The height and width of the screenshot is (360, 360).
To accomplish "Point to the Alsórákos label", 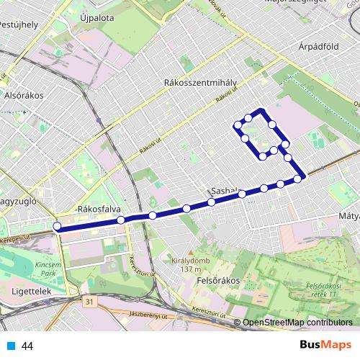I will coord(24,96).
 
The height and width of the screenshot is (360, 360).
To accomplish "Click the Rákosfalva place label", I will coord(97,210).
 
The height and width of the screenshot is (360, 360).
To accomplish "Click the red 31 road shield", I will coord(88,300).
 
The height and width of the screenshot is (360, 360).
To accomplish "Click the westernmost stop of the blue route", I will coord(57,228).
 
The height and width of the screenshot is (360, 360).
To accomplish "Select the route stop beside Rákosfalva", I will coord(121,220).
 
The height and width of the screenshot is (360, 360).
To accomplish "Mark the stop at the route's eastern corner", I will coord(297,179).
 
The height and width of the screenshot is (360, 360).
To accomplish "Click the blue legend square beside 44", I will coord(11,346).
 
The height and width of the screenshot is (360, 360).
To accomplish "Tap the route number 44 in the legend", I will coord(28,346).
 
